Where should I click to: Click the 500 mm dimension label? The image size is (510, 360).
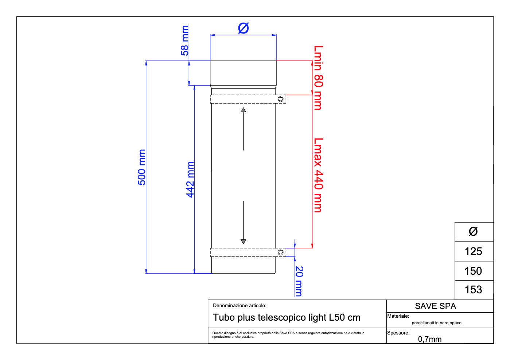(142, 167)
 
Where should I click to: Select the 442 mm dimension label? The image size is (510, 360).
(190, 180)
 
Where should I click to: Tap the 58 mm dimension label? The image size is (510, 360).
(185, 40)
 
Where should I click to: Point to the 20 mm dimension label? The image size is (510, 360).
(299, 281)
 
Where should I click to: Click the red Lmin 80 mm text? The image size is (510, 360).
(318, 78)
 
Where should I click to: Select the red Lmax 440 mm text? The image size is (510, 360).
(318, 175)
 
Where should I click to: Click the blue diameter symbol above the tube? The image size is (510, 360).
(243, 28)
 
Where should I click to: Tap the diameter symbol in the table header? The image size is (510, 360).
(473, 232)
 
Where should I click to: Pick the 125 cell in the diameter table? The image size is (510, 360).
(473, 251)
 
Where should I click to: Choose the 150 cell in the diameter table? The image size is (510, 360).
(473, 271)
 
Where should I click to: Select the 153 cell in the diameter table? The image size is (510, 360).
(473, 290)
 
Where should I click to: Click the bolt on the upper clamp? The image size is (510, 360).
(281, 99)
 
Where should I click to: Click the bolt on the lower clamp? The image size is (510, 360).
(281, 252)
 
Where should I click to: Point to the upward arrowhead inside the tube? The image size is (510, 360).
(243, 110)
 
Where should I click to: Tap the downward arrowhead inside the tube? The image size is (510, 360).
(243, 241)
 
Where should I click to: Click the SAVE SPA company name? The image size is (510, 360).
(435, 306)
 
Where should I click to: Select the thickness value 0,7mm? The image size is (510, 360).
(430, 339)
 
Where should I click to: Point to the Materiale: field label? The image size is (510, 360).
(398, 316)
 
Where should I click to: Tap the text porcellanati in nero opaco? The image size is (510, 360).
(436, 323)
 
